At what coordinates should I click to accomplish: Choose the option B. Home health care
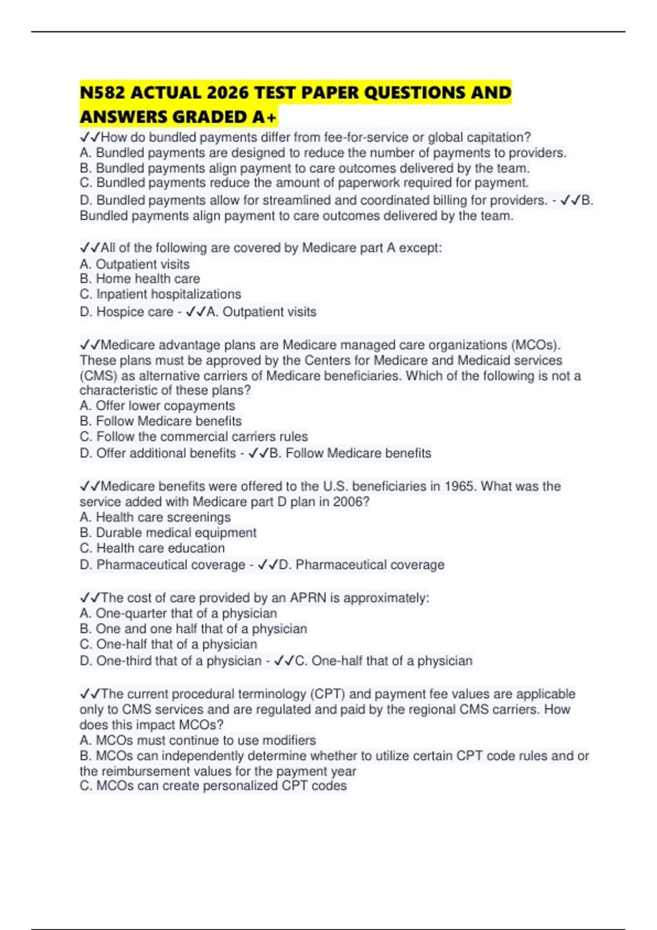(140, 279)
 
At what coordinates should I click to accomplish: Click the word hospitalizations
(195, 294)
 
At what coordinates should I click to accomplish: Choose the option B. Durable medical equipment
(168, 533)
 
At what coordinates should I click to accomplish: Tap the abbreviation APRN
(308, 598)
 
